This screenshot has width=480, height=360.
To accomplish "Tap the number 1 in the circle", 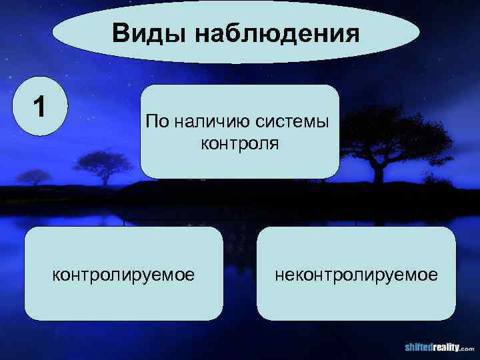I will [x=41, y=107].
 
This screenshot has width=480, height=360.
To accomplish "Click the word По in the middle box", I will [x=157, y=121].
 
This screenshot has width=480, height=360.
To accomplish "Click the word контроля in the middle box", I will [x=239, y=143].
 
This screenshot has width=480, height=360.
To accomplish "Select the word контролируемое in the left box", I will [x=124, y=274].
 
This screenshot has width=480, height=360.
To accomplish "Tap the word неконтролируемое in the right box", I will [x=355, y=274].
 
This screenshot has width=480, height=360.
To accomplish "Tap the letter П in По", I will [x=151, y=121].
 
